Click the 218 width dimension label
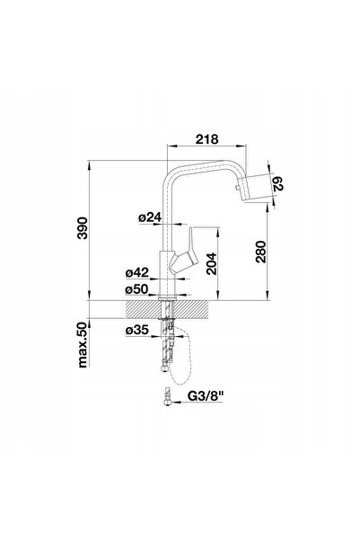[x=206, y=139]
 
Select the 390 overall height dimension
[x=83, y=227]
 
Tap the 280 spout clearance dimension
[x=261, y=252]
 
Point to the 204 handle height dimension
[x=211, y=263]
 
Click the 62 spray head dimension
[x=277, y=183]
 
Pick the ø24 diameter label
[x=150, y=217]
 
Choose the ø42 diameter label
[x=137, y=273]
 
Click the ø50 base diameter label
[x=136, y=289]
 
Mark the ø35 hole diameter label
[x=137, y=330]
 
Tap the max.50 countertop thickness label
[x=83, y=345]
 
